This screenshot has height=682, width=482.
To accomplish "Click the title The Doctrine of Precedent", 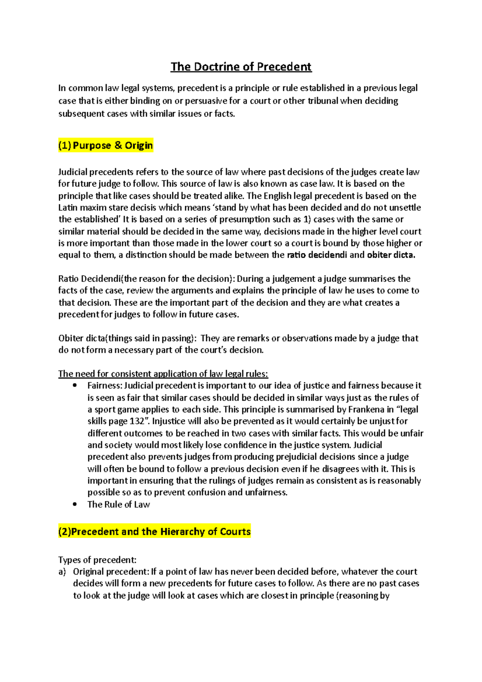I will click(x=241, y=67).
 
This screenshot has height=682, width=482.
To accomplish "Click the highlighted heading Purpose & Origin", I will click(x=106, y=145).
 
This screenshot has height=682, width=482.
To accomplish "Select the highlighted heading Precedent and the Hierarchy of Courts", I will click(x=155, y=531).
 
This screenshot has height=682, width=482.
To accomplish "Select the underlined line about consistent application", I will click(x=163, y=374).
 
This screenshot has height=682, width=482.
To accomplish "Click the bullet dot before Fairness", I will click(x=75, y=386).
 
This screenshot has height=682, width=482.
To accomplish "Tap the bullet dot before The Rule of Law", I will click(x=75, y=504).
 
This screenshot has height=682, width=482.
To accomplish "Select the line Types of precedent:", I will click(x=98, y=560).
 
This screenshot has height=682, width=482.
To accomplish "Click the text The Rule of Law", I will click(x=119, y=504).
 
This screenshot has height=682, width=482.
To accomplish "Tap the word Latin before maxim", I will click(x=68, y=208).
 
